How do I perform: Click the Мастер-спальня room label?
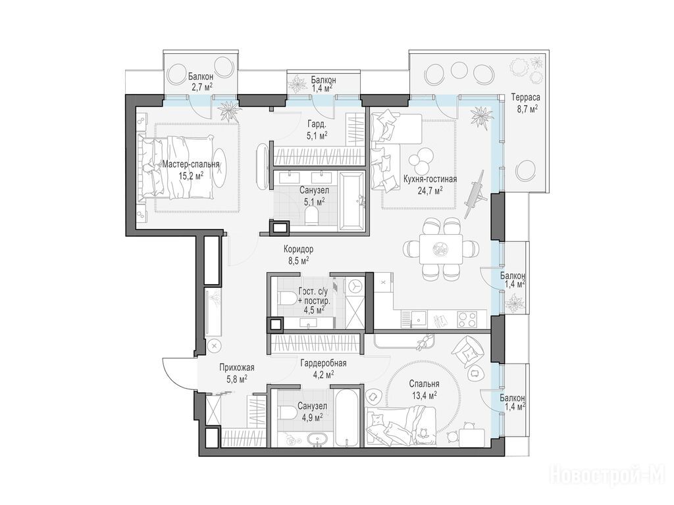pos(191,164)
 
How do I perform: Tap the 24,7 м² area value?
pos(429,189)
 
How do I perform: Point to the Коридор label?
pos(298,249)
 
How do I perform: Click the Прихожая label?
pos(237,368)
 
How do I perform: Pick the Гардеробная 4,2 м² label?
pos(324,369)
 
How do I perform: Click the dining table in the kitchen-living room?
pos(441,249)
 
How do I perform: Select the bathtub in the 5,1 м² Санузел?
pos(352,201)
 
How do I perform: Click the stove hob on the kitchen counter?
pos(467,319)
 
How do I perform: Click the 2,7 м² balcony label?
pos(201,82)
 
